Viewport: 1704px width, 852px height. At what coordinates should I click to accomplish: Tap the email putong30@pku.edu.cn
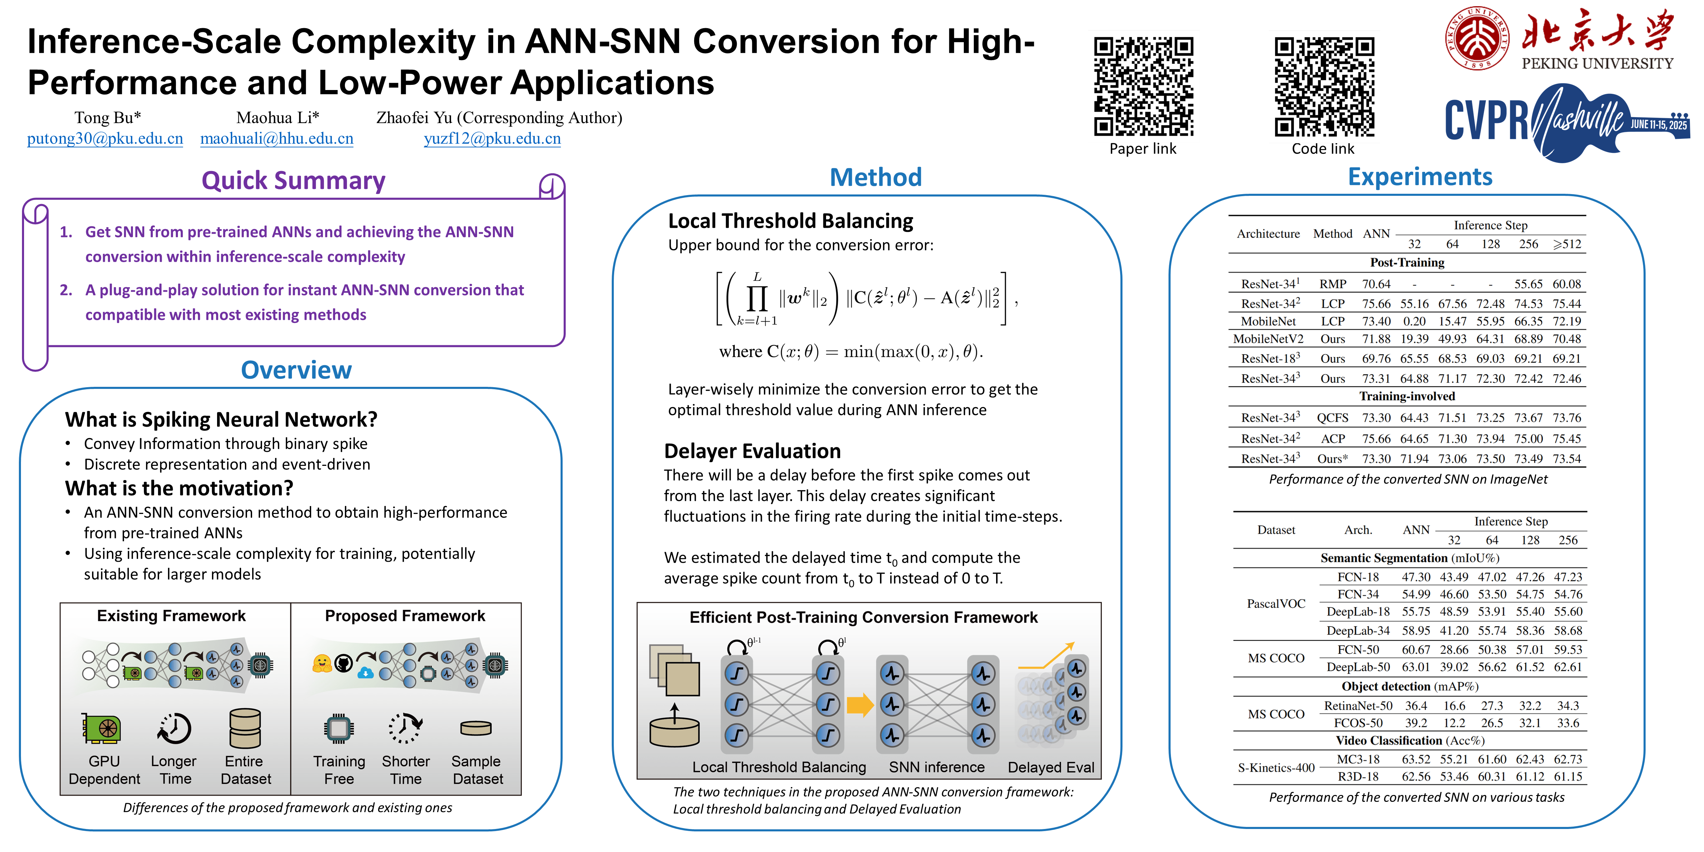click(x=105, y=139)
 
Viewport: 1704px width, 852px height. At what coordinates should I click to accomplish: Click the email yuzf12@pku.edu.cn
click(x=492, y=139)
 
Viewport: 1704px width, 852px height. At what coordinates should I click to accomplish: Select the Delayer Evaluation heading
click(x=752, y=451)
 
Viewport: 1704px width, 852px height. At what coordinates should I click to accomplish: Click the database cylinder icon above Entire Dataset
click(x=245, y=728)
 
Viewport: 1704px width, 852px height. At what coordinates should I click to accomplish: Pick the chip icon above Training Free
click(x=339, y=729)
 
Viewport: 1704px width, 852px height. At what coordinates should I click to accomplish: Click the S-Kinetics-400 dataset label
click(x=1276, y=768)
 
